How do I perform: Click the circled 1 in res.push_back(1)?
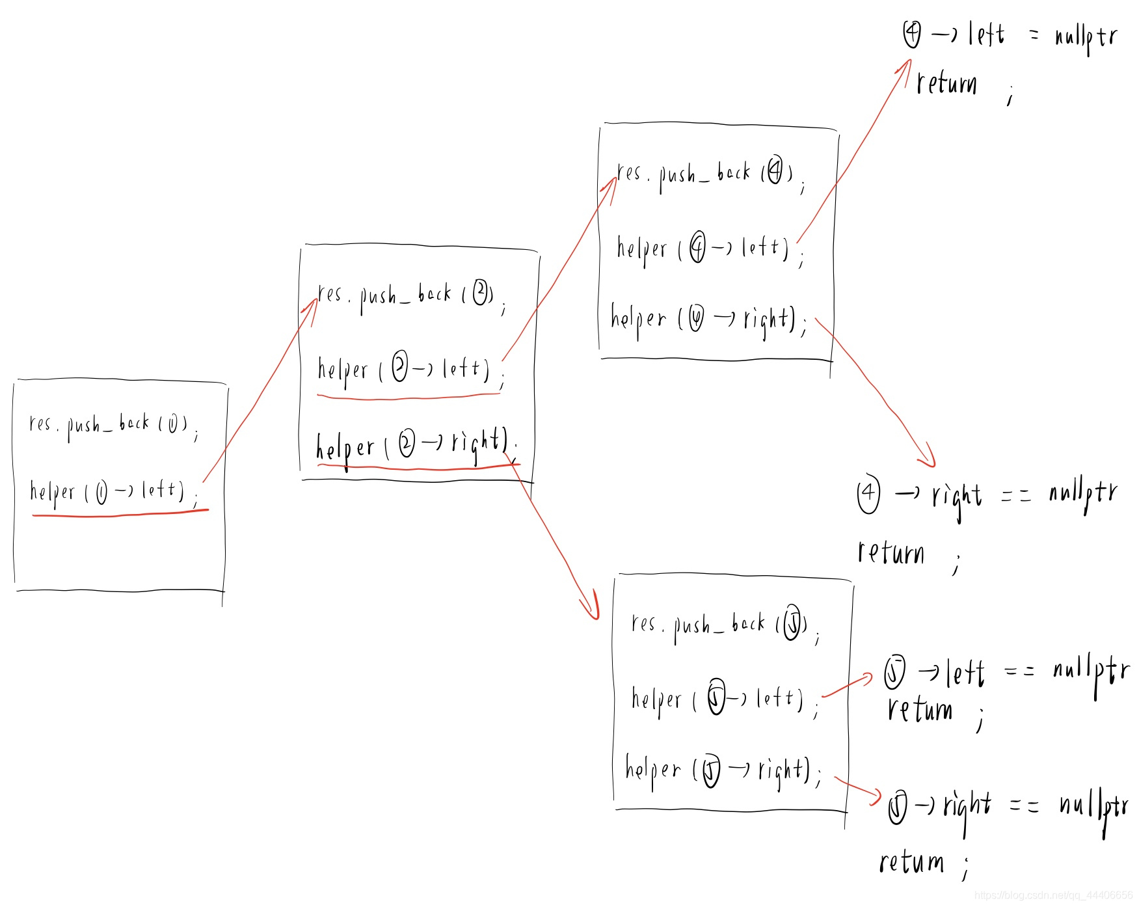point(173,425)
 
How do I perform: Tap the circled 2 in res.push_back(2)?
point(481,292)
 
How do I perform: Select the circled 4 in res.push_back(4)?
point(775,171)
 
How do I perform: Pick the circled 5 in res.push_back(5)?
point(792,623)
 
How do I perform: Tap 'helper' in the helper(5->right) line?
point(652,770)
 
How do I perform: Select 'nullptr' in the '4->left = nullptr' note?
point(1086,36)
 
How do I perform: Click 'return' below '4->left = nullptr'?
point(946,84)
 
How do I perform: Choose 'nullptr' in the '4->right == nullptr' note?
point(1083,494)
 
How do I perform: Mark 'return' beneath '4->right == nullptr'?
point(891,553)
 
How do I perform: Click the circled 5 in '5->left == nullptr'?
point(894,673)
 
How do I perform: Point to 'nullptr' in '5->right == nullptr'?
point(1094,807)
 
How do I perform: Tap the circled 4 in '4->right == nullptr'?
point(868,494)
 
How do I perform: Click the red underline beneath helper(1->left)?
point(120,514)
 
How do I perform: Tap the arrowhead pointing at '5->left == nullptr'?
point(867,679)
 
